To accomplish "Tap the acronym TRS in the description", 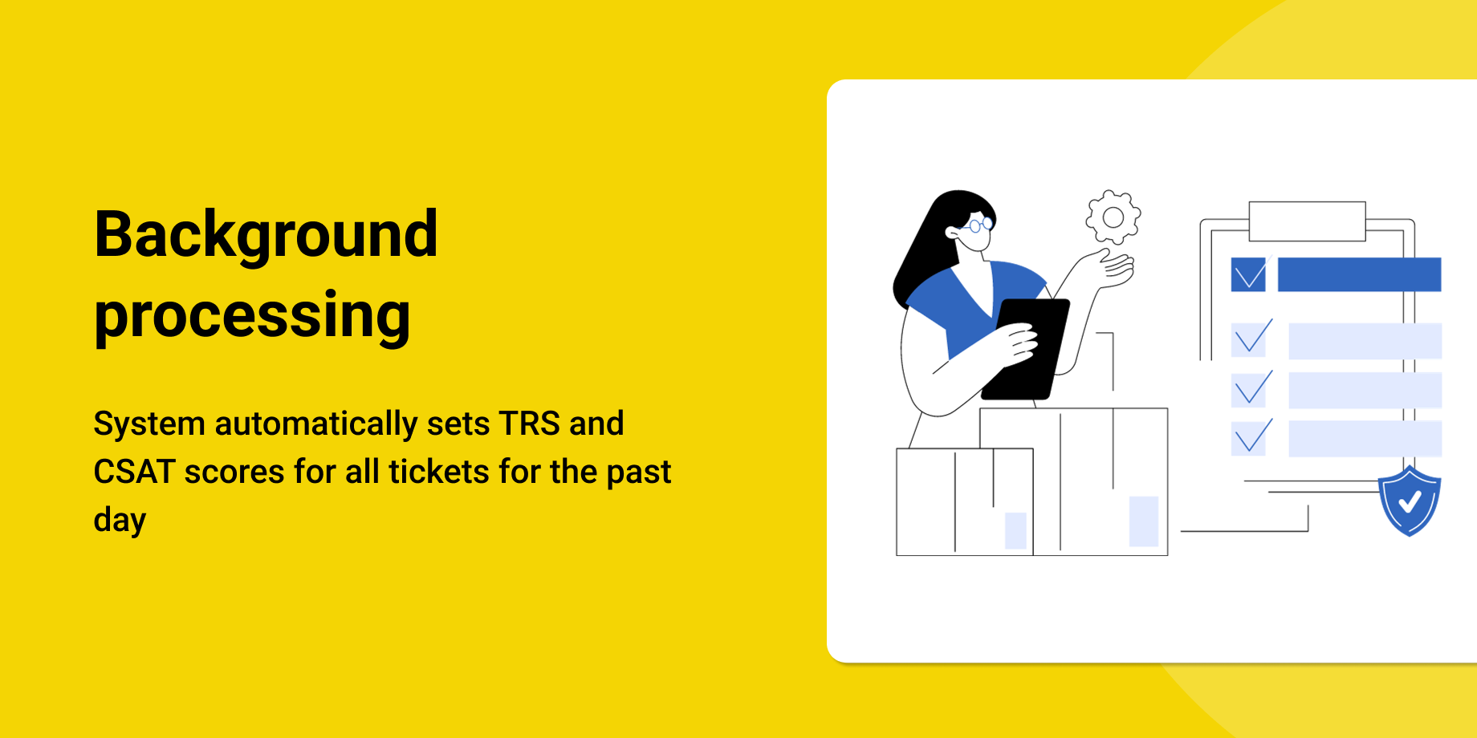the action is point(529,424).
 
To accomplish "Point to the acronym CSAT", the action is point(134,472).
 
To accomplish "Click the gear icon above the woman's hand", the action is point(1113,217).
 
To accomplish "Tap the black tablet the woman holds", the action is point(1026,349).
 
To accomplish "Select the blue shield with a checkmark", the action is point(1410,501).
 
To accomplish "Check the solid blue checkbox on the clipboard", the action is point(1248,274).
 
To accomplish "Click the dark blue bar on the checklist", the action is point(1359,274).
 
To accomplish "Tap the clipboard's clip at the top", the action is point(1307,221).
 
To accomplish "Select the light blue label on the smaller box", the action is point(1015,530).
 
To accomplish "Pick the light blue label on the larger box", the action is point(1143,521).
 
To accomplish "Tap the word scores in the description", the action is point(234,472).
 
